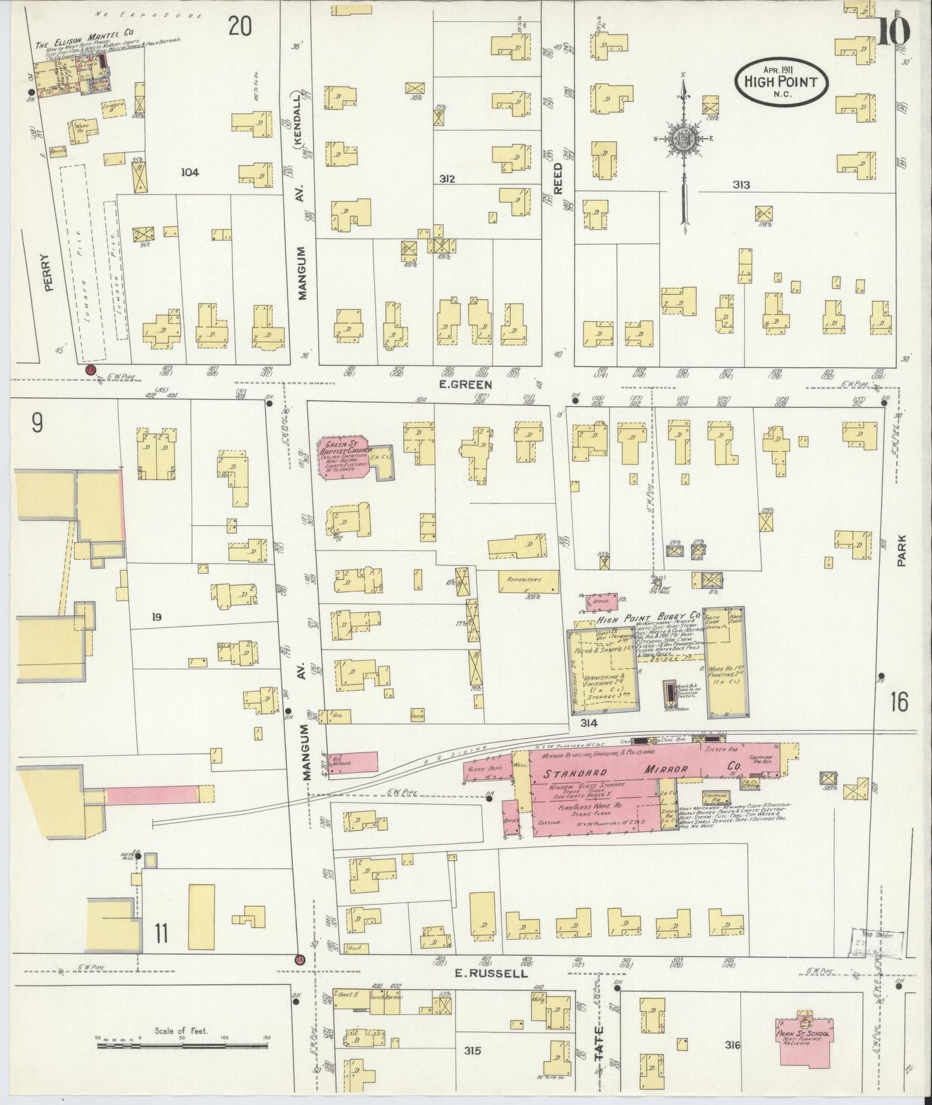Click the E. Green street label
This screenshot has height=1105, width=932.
click(473, 384)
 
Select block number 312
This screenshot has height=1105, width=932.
click(446, 179)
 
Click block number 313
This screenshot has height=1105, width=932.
click(741, 185)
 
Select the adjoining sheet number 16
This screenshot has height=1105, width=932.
click(899, 702)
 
